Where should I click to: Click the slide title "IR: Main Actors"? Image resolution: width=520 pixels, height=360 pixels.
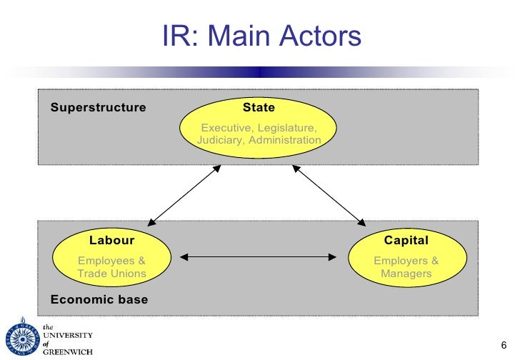261,36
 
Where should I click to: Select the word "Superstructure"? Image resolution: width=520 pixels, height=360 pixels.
98,108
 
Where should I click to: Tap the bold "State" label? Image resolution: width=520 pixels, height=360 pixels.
259,107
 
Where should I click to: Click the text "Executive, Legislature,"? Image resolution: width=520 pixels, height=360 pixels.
259,127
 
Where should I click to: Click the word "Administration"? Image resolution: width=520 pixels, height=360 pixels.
285,140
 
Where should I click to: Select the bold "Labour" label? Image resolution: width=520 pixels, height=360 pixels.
111,241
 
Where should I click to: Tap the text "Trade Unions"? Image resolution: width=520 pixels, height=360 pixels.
111,274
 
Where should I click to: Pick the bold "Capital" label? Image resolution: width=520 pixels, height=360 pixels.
406,241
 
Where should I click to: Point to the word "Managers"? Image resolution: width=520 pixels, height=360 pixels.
406,274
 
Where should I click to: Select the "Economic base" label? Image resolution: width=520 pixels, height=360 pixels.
99,299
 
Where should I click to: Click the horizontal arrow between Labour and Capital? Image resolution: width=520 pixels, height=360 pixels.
259,255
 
